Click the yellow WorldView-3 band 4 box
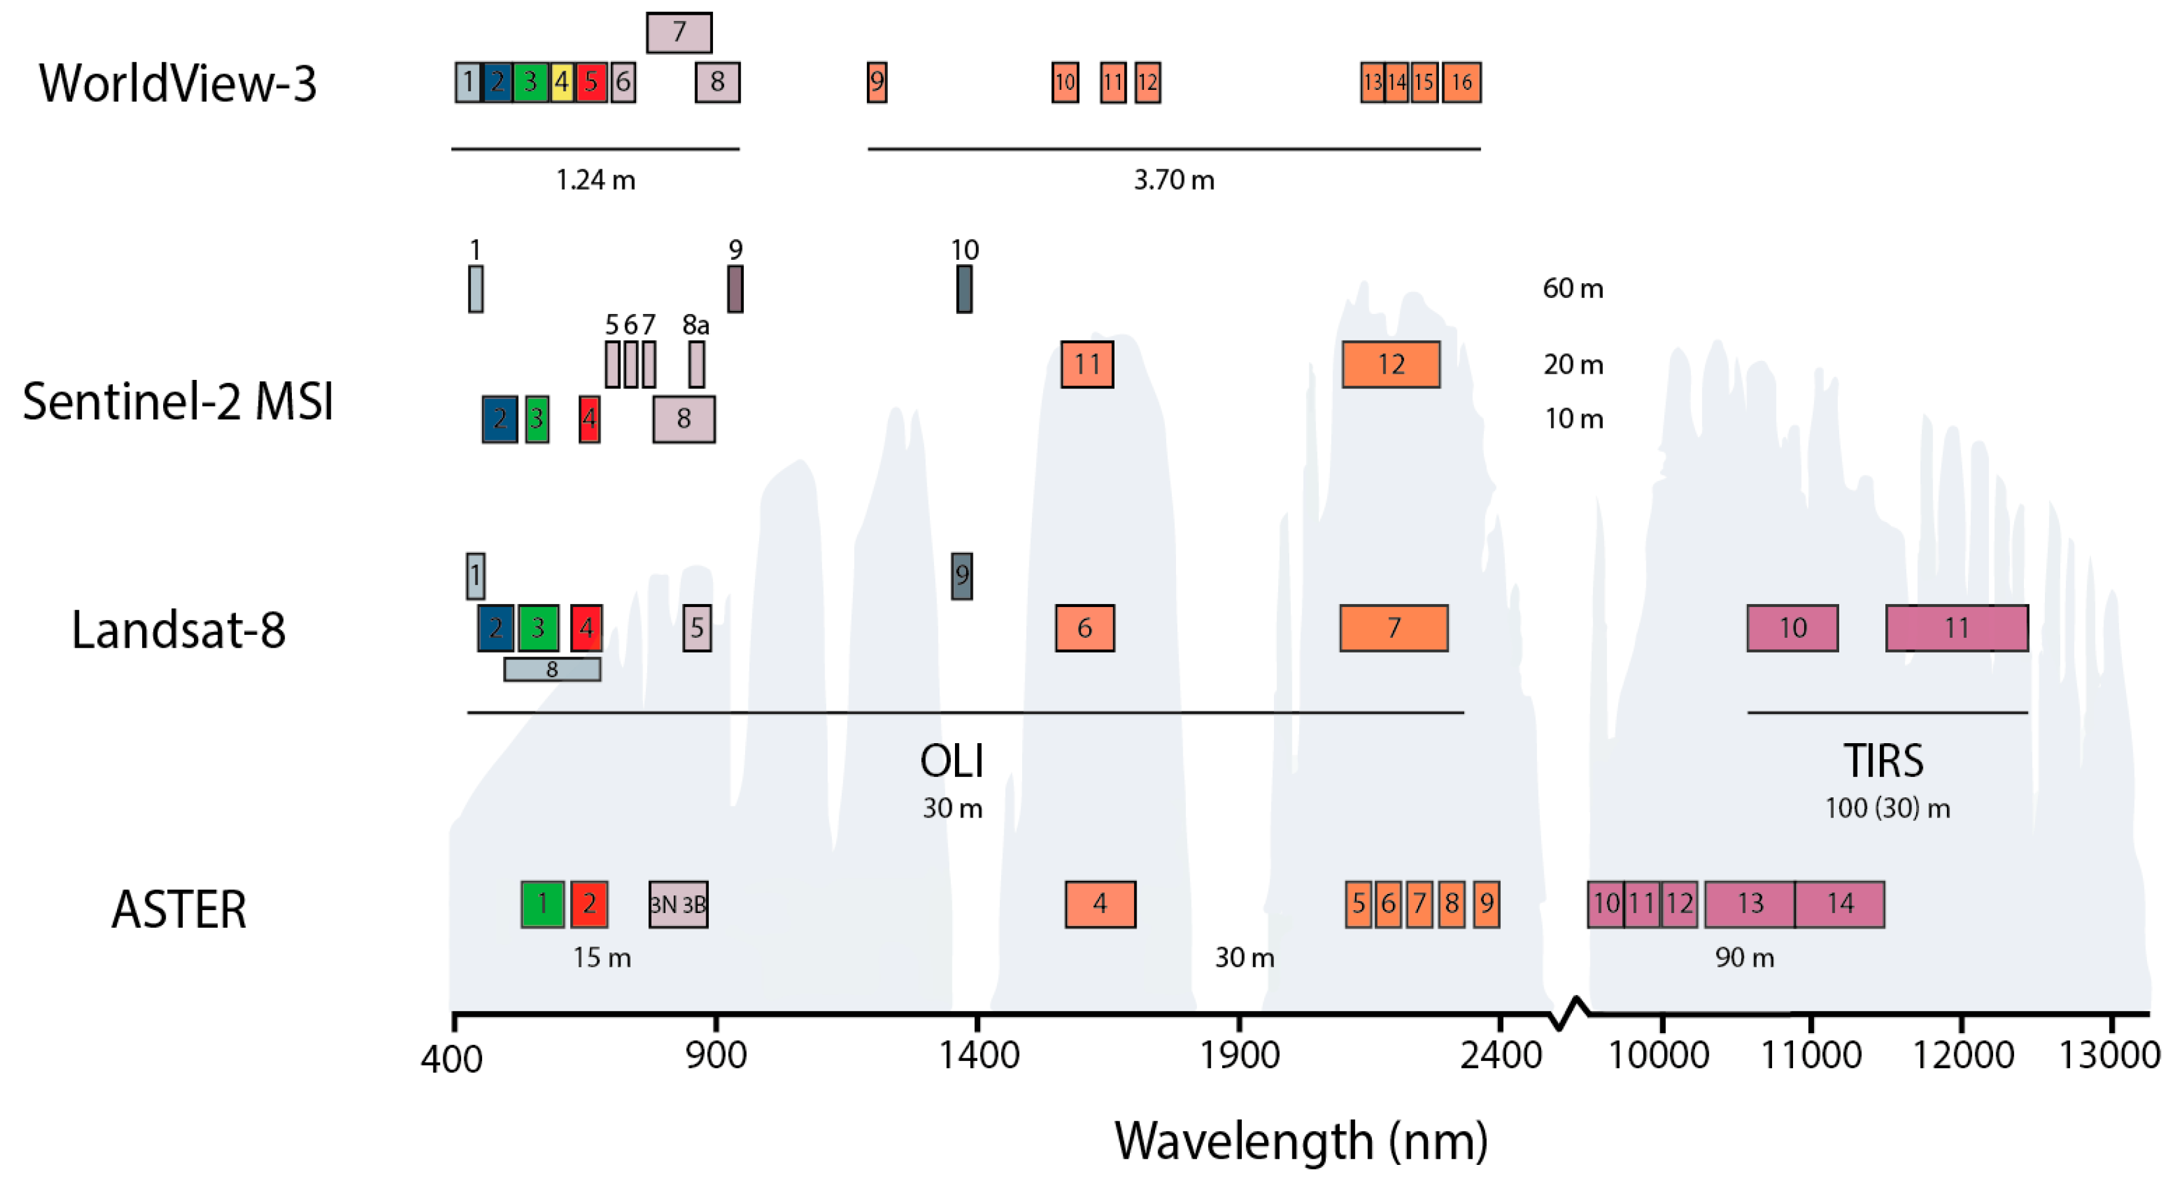[562, 83]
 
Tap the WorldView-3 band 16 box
[1461, 83]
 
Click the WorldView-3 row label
[177, 84]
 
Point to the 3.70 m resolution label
[1174, 180]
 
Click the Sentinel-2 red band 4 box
[590, 419]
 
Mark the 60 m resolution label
[1573, 289]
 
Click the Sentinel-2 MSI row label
[177, 401]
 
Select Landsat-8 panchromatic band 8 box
[552, 670]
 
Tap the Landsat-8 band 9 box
[961, 577]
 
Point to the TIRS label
[1883, 761]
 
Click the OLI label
[952, 761]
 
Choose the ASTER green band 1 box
[542, 904]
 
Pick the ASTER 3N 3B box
[679, 904]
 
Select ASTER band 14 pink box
[1840, 904]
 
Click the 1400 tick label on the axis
[979, 1056]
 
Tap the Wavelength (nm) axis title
[1301, 1142]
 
